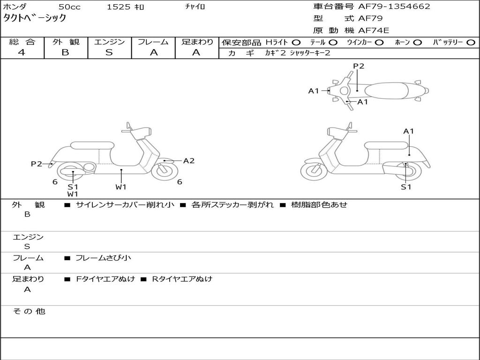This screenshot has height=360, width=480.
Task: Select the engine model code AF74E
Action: pyautogui.click(x=374, y=31)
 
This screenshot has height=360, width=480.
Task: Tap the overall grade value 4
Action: pyautogui.click(x=22, y=52)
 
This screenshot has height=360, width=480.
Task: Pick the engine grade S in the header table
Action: pyautogui.click(x=109, y=52)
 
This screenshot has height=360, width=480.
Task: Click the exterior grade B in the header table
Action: pyautogui.click(x=65, y=52)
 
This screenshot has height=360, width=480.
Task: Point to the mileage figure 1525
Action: pyautogui.click(x=119, y=7)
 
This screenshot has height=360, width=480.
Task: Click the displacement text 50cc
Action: pyautogui.click(x=69, y=7)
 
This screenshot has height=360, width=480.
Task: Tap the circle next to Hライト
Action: pyautogui.click(x=296, y=42)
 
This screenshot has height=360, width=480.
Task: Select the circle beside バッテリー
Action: pyautogui.click(x=471, y=42)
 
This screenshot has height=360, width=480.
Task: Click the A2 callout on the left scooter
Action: pyautogui.click(x=189, y=161)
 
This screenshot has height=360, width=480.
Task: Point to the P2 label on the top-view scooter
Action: pyautogui.click(x=359, y=66)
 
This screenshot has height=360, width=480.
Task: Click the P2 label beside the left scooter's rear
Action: pyautogui.click(x=36, y=164)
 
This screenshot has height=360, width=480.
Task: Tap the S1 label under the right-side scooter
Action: pyautogui.click(x=405, y=187)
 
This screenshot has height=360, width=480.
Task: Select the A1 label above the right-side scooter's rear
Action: pyautogui.click(x=409, y=131)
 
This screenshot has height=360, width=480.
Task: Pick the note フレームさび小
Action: pyautogui.click(x=103, y=257)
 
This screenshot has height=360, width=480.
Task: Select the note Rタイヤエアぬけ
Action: pyautogui.click(x=182, y=279)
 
